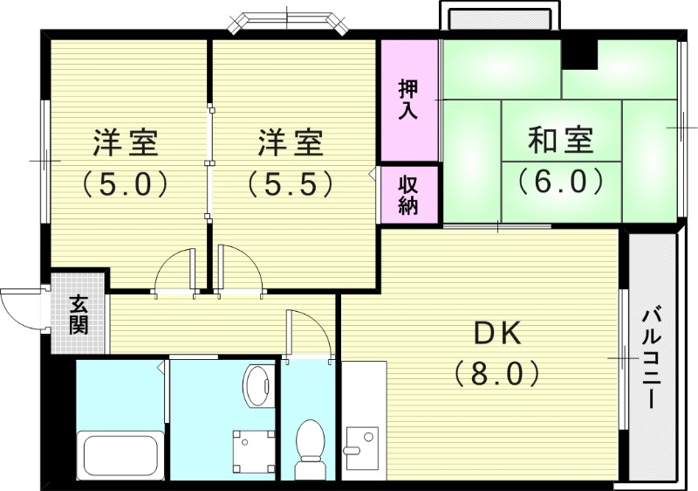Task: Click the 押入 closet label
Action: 408,99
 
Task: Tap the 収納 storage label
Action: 408,195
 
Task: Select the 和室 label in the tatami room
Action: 561,141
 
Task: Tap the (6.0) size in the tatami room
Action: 561,181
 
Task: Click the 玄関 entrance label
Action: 79,315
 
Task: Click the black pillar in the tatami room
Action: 578,53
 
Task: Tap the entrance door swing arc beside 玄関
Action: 19,305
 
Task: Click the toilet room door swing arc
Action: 310,333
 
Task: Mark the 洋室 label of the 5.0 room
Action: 125,142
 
